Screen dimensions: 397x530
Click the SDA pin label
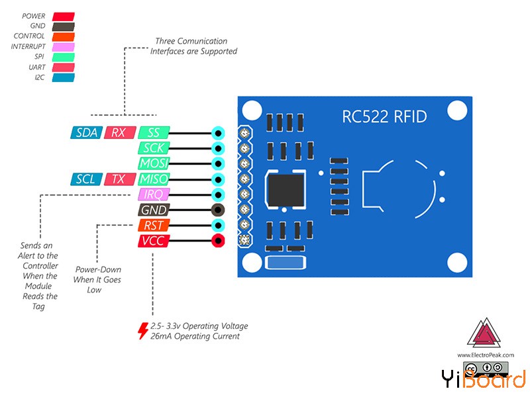tap(86, 132)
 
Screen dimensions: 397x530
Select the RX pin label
tap(119, 132)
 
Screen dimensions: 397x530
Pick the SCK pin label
tap(154, 148)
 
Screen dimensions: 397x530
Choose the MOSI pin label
tap(154, 163)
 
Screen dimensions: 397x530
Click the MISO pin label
tap(154, 179)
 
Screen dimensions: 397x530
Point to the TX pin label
tap(119, 179)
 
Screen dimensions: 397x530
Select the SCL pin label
tap(85, 179)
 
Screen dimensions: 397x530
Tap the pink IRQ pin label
tap(154, 195)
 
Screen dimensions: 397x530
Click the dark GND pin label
tap(154, 210)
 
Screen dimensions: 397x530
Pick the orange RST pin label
tap(154, 226)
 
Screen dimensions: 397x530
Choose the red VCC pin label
tap(154, 242)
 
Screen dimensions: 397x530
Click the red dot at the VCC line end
tap(217, 242)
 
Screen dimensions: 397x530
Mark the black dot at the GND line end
tap(217, 210)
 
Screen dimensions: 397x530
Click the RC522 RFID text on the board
tap(384, 117)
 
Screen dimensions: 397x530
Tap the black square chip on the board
tap(285, 189)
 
